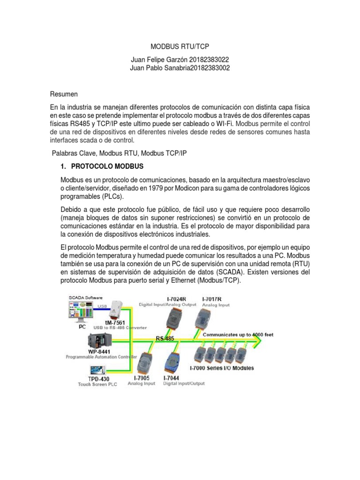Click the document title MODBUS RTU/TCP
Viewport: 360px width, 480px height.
(x=180, y=47)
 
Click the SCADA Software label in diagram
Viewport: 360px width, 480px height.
(x=86, y=298)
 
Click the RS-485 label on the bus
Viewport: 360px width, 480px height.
(x=166, y=337)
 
